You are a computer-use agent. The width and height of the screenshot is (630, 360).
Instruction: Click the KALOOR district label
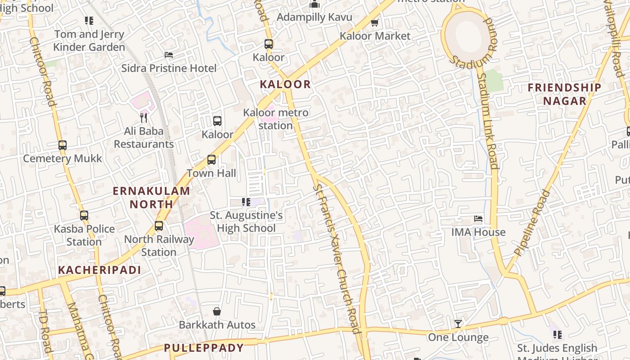point(285,84)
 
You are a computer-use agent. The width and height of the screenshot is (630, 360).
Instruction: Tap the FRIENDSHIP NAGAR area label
point(564,94)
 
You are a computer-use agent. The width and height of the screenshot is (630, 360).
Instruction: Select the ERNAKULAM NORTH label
point(151,197)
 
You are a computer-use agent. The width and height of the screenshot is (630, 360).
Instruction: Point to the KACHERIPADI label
point(99,270)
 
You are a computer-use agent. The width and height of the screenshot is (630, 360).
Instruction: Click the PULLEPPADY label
point(204,348)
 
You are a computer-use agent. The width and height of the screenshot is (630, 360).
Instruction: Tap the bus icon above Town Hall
point(211,159)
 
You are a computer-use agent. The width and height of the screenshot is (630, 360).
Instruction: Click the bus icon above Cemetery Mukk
point(63,145)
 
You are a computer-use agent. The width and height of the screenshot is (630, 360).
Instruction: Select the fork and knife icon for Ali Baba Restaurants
point(144,118)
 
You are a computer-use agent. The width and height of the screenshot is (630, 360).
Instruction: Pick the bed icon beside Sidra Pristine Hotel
point(169,55)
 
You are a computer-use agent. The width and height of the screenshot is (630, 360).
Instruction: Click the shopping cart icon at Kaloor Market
point(374,22)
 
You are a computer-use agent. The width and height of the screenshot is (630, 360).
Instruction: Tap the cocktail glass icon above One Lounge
point(458,324)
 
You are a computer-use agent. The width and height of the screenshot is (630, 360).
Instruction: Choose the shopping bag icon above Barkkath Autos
point(217,311)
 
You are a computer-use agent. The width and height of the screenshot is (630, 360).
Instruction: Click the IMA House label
point(478,232)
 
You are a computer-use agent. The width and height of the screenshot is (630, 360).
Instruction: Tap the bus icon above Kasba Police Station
point(84,216)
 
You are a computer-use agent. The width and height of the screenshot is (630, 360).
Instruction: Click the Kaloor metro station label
point(276,119)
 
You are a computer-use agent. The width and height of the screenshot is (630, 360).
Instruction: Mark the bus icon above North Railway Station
point(159,226)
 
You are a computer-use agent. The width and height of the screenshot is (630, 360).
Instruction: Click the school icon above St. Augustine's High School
point(246,202)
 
